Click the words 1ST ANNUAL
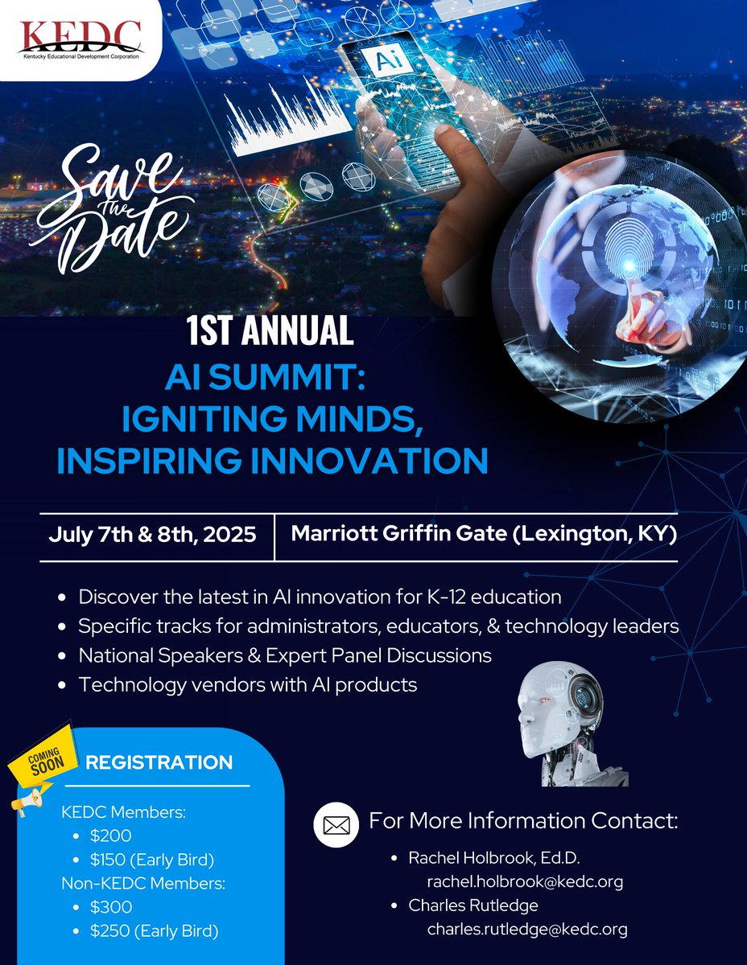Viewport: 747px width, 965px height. coord(270,331)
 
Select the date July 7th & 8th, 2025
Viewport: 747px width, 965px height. coord(153,534)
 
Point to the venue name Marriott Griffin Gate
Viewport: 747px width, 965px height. coord(402,534)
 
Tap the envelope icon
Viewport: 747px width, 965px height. coord(336,824)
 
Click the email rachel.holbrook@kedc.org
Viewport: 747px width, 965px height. coord(525,881)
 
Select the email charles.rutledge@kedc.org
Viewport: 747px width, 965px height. coord(527,930)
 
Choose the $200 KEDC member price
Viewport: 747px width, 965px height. coord(110,836)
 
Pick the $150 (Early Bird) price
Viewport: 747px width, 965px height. coord(153,859)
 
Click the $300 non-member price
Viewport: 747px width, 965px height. coord(110,907)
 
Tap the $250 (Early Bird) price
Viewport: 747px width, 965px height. coord(154,930)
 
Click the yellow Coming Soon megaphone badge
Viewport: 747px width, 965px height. coord(40,765)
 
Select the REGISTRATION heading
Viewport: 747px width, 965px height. coord(159,762)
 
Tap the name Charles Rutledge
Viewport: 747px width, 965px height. coord(473,905)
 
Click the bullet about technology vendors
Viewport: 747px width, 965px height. coord(248,684)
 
